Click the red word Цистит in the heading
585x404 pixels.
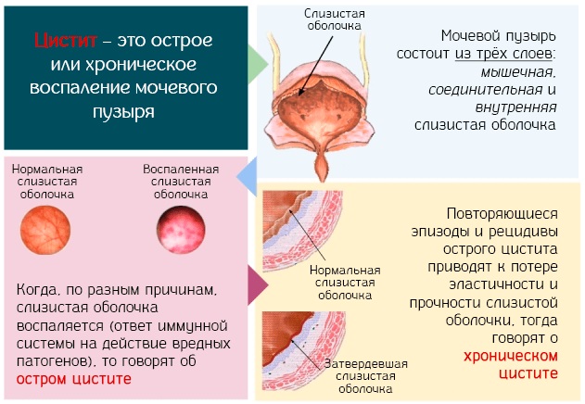65,41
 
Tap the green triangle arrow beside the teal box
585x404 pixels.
258,64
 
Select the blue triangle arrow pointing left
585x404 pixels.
247,176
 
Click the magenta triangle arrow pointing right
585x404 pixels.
258,285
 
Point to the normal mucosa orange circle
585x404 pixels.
45,230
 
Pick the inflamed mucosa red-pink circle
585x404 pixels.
181,230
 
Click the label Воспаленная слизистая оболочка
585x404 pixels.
181,182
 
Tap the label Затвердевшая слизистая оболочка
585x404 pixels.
365,376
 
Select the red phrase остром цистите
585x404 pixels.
74,379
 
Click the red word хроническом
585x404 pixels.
511,356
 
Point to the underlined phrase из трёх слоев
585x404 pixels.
503,54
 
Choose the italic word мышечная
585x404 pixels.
518,72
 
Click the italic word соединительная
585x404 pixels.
486,90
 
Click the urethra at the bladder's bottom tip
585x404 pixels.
322,167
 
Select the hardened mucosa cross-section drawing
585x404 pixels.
303,350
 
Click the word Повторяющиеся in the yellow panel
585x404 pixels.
502,214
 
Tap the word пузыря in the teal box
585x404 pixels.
123,111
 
